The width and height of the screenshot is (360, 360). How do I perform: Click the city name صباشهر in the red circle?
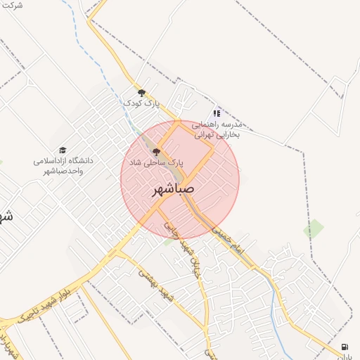[x=173, y=190]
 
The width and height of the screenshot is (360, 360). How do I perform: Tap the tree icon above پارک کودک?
[x=142, y=93]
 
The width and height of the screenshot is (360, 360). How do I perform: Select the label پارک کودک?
[x=141, y=103]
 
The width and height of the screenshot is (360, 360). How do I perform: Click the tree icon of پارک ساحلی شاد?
[x=156, y=151]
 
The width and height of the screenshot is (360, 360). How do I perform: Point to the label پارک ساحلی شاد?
[x=155, y=162]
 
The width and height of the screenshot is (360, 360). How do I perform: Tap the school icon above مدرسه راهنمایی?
[x=217, y=112]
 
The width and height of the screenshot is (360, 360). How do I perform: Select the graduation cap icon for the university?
[x=63, y=150]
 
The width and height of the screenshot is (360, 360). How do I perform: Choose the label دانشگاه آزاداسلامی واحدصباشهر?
[x=63, y=165]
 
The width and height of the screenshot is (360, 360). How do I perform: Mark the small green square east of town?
[x=314, y=229]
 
